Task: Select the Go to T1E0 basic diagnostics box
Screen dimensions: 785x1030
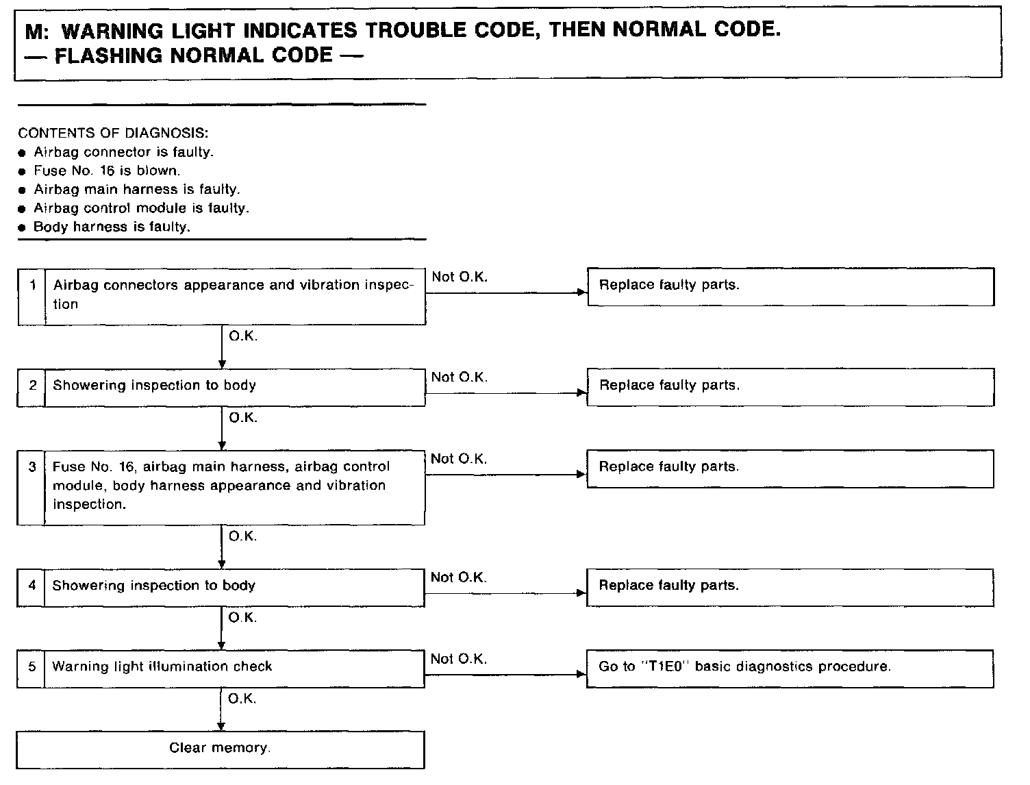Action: (x=790, y=667)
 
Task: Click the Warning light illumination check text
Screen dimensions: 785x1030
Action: (x=162, y=666)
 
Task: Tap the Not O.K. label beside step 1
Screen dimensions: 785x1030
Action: (x=460, y=277)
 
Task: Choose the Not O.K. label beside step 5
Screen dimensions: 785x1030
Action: (x=459, y=659)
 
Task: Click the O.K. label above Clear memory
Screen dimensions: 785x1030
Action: (x=242, y=699)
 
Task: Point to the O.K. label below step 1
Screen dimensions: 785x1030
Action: (x=243, y=336)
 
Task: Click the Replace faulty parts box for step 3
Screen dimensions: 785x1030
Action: (x=790, y=469)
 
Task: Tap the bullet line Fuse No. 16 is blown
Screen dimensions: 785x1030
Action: (x=107, y=171)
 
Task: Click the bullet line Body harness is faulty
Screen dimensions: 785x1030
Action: (x=112, y=227)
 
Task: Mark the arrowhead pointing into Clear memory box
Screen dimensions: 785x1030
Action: (x=221, y=727)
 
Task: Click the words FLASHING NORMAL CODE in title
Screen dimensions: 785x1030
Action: (x=193, y=55)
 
